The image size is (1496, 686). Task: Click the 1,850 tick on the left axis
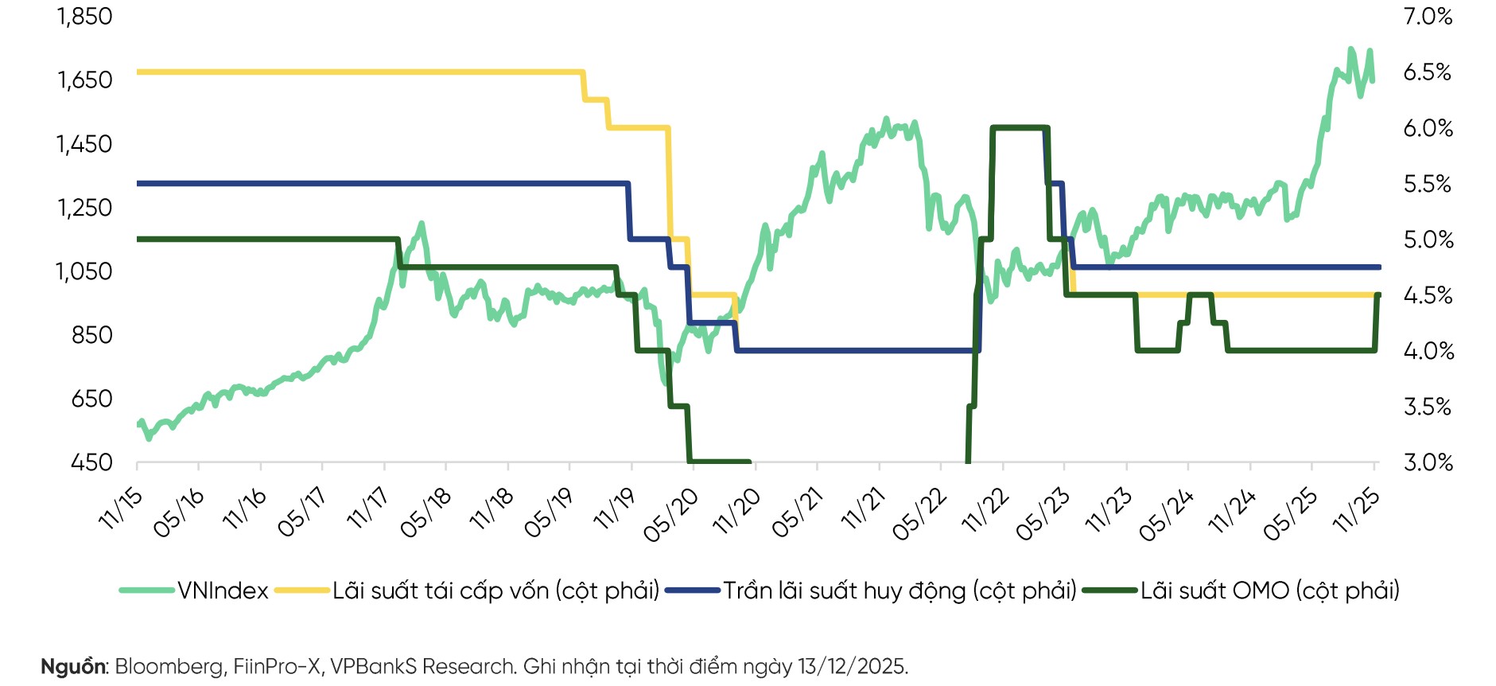pyautogui.click(x=84, y=16)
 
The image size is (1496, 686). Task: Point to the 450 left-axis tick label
pyautogui.click(x=91, y=462)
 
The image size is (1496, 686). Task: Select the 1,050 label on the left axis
pyautogui.click(x=84, y=271)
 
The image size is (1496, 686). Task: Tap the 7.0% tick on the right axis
pyautogui.click(x=1428, y=16)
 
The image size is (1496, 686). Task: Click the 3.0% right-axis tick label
pyautogui.click(x=1428, y=462)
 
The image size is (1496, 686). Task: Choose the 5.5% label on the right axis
pyautogui.click(x=1428, y=184)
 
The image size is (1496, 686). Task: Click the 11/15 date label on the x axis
pyautogui.click(x=121, y=508)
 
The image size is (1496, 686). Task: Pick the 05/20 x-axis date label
pyautogui.click(x=670, y=515)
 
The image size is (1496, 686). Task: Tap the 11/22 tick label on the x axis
pyautogui.click(x=985, y=509)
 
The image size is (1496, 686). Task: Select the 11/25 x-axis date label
pyautogui.click(x=1357, y=509)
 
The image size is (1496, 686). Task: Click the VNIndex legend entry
pyautogui.click(x=222, y=591)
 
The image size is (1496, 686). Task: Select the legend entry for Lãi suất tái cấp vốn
pyautogui.click(x=495, y=591)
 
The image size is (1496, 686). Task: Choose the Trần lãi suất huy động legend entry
pyautogui.click(x=899, y=591)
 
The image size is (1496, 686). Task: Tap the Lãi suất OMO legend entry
pyautogui.click(x=1269, y=591)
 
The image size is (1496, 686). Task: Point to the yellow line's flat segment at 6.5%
pyautogui.click(x=358, y=72)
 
